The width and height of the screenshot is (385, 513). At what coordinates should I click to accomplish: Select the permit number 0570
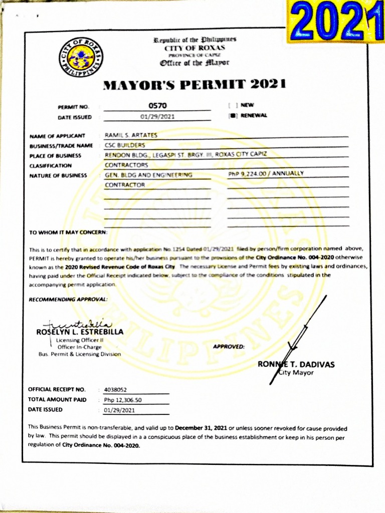(157, 106)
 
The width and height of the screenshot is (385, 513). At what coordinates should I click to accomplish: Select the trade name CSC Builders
(121, 145)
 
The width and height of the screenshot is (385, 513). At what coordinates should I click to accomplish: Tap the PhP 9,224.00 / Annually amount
(266, 174)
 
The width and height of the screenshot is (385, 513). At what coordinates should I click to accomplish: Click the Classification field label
(51, 165)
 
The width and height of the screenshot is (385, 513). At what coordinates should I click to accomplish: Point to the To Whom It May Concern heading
(68, 232)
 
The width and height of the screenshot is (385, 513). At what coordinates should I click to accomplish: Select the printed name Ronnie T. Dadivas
(296, 364)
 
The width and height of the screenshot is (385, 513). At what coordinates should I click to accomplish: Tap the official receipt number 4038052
(116, 389)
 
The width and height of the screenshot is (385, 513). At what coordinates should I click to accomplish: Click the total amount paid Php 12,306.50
(123, 400)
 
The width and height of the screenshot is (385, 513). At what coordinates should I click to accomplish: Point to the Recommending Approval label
(68, 299)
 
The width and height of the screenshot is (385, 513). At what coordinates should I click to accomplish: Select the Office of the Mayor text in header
(195, 63)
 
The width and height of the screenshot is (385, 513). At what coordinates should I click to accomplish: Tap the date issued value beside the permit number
(157, 117)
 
